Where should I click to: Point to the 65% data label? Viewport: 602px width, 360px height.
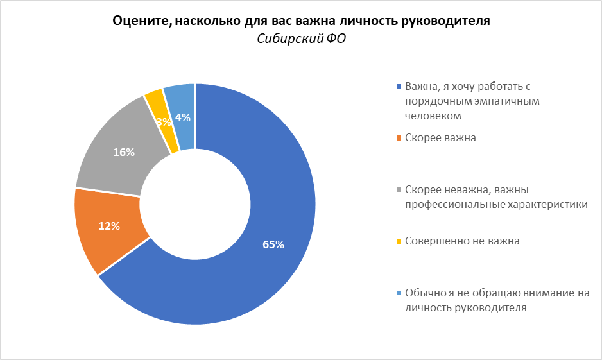point(273,244)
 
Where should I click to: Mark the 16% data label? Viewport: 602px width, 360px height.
point(124,152)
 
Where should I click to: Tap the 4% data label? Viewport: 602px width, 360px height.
point(183,117)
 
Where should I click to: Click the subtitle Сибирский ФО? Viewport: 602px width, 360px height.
point(301,39)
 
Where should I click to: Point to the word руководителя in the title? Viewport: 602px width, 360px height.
point(445,21)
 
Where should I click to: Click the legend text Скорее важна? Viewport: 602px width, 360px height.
point(440,138)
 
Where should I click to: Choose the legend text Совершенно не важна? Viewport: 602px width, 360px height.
point(461,241)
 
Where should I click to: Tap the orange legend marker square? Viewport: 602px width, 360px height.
point(399,138)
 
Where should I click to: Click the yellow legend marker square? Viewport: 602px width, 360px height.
point(399,241)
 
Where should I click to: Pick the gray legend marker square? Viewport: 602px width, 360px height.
point(399,190)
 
